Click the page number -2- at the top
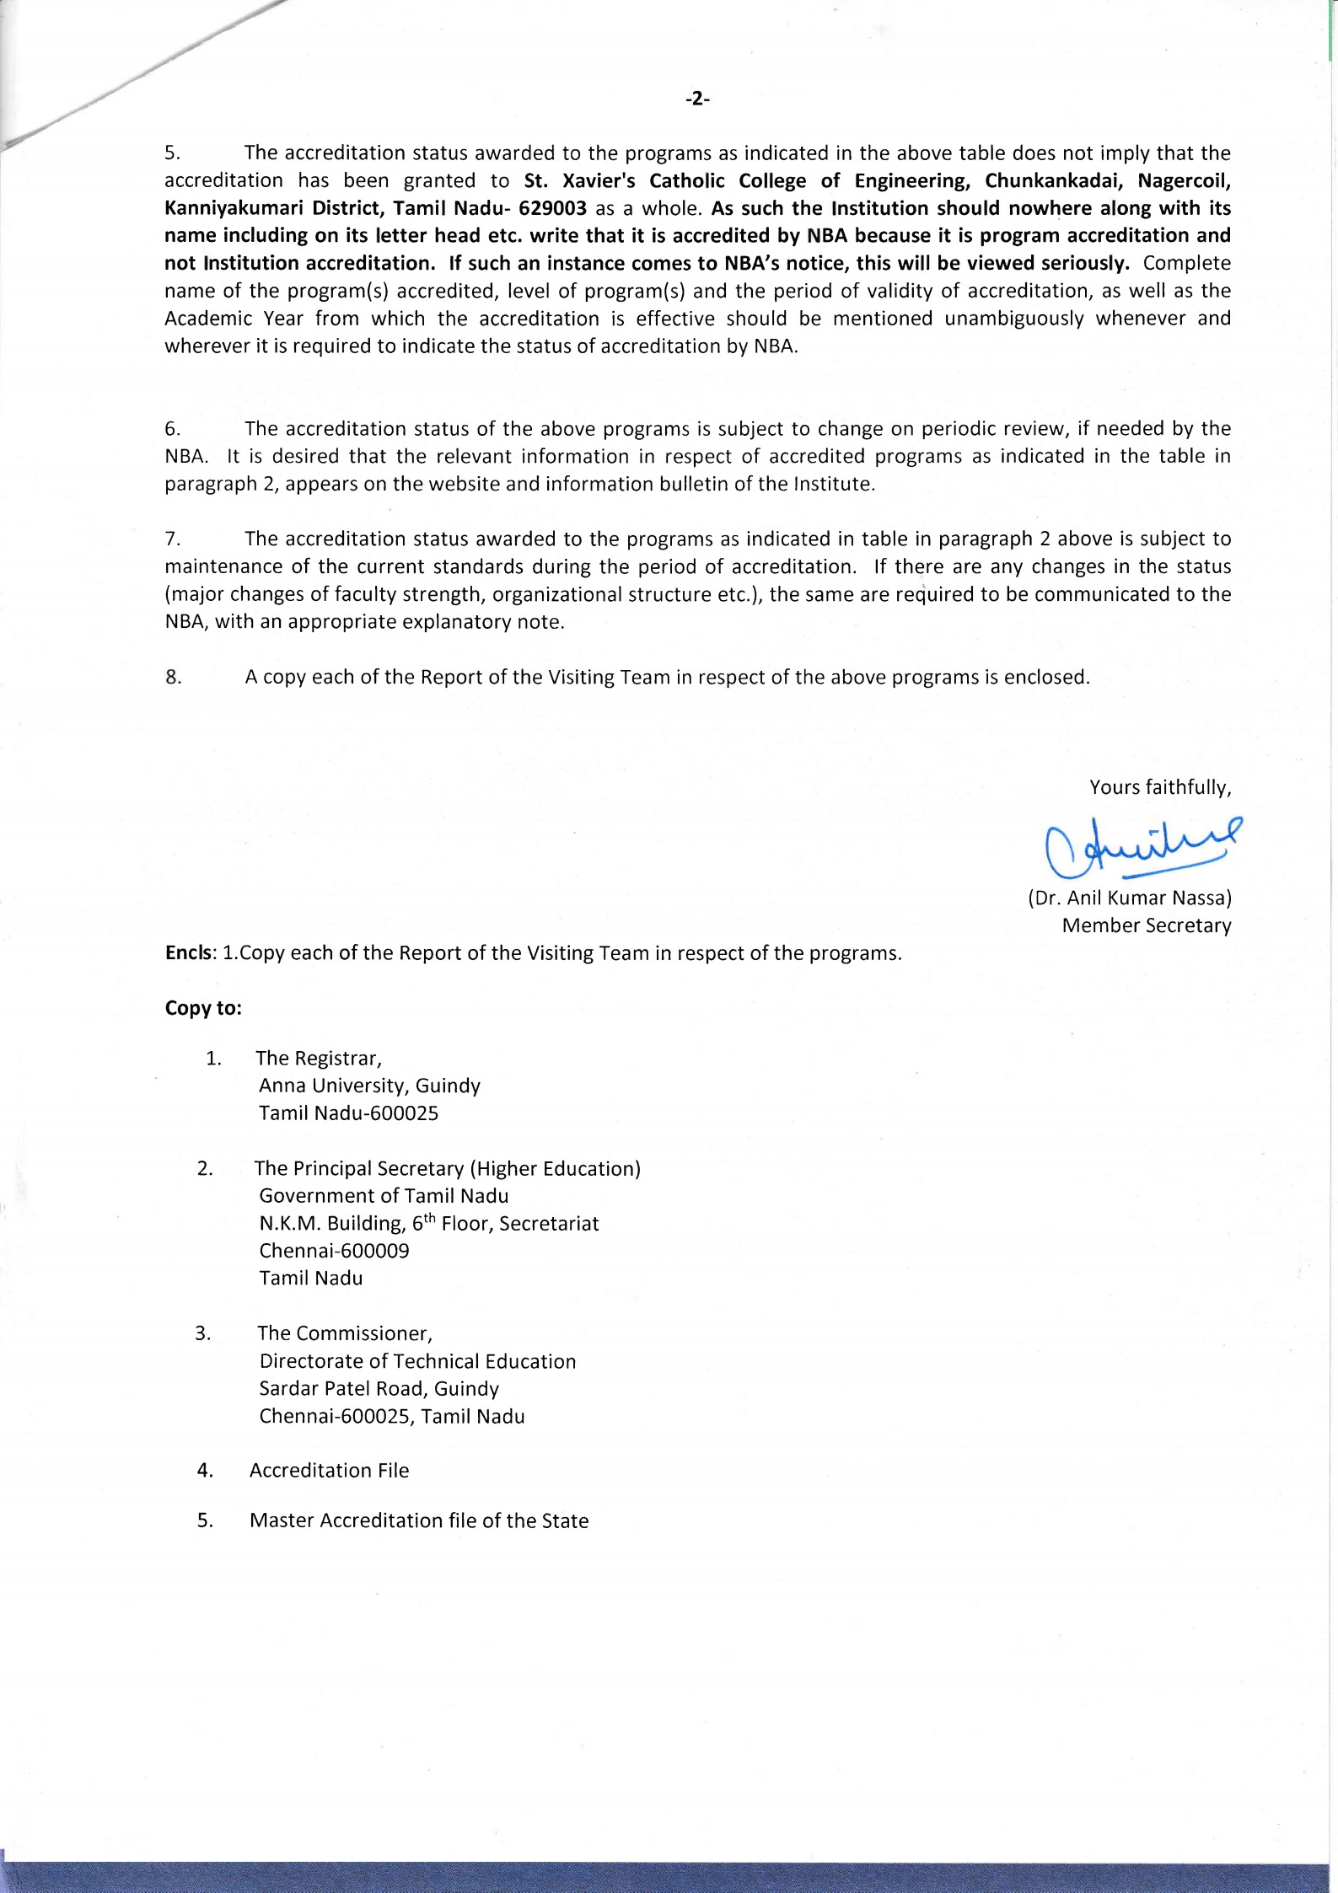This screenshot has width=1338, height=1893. coord(697,99)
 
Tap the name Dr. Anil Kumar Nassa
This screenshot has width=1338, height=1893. coord(1130,898)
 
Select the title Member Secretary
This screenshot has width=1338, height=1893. coord(1146,925)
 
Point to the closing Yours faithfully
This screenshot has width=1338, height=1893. coord(1160,787)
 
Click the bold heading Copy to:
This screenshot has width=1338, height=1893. coord(203,1008)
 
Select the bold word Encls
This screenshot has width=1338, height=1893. coord(191,953)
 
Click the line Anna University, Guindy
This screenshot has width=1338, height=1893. coord(369,1086)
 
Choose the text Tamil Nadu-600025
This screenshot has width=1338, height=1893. coord(348,1113)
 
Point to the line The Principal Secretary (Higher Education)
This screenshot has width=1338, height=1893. coord(447,1168)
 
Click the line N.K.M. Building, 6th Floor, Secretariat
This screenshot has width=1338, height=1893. coord(428,1223)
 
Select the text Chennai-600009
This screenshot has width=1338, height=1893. coord(334,1251)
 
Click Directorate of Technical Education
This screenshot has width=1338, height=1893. coord(417,1361)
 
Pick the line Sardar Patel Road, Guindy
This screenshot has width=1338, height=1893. coord(379,1388)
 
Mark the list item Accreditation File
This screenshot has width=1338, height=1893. coord(329,1470)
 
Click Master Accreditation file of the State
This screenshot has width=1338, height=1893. coord(419,1520)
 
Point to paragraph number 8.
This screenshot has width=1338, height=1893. coord(174,677)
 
